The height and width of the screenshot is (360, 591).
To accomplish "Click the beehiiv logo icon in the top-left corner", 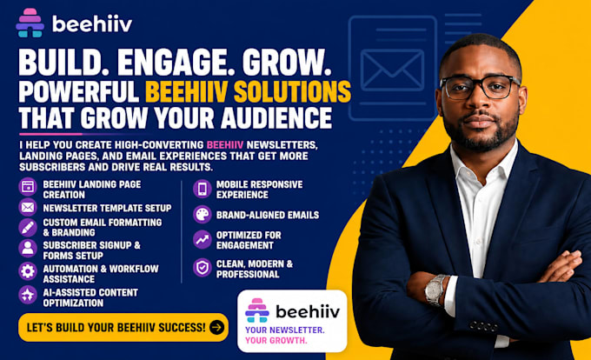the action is (x=30, y=23).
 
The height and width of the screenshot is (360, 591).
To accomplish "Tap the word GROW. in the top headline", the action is (x=287, y=63).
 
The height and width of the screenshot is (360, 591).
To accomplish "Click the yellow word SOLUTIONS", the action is (x=292, y=90).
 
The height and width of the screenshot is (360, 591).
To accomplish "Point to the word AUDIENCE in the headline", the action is (x=276, y=117).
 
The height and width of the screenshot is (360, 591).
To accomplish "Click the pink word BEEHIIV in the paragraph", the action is (x=225, y=144).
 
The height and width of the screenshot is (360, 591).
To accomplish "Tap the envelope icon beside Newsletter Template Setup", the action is (x=28, y=207).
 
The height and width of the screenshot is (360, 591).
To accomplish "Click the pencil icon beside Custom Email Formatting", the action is (x=28, y=227).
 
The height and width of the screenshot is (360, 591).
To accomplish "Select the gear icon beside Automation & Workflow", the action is (x=28, y=271).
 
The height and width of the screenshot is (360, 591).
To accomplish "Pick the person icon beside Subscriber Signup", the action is (x=28, y=249).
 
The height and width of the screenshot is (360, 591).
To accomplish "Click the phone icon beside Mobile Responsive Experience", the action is (x=203, y=189).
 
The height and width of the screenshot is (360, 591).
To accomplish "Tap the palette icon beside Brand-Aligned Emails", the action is (x=203, y=215).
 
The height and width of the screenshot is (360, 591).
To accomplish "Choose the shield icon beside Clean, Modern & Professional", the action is (x=203, y=268).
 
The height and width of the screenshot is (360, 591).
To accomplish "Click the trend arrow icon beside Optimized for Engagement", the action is (x=203, y=239).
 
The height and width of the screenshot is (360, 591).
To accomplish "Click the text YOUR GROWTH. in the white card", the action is (x=276, y=340).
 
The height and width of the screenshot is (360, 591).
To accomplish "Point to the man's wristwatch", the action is (x=435, y=290).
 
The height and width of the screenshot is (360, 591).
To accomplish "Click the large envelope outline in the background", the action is (x=392, y=70).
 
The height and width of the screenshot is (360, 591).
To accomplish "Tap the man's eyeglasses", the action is (x=479, y=87).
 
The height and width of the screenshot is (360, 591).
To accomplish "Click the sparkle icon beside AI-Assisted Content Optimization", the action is (x=28, y=295).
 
